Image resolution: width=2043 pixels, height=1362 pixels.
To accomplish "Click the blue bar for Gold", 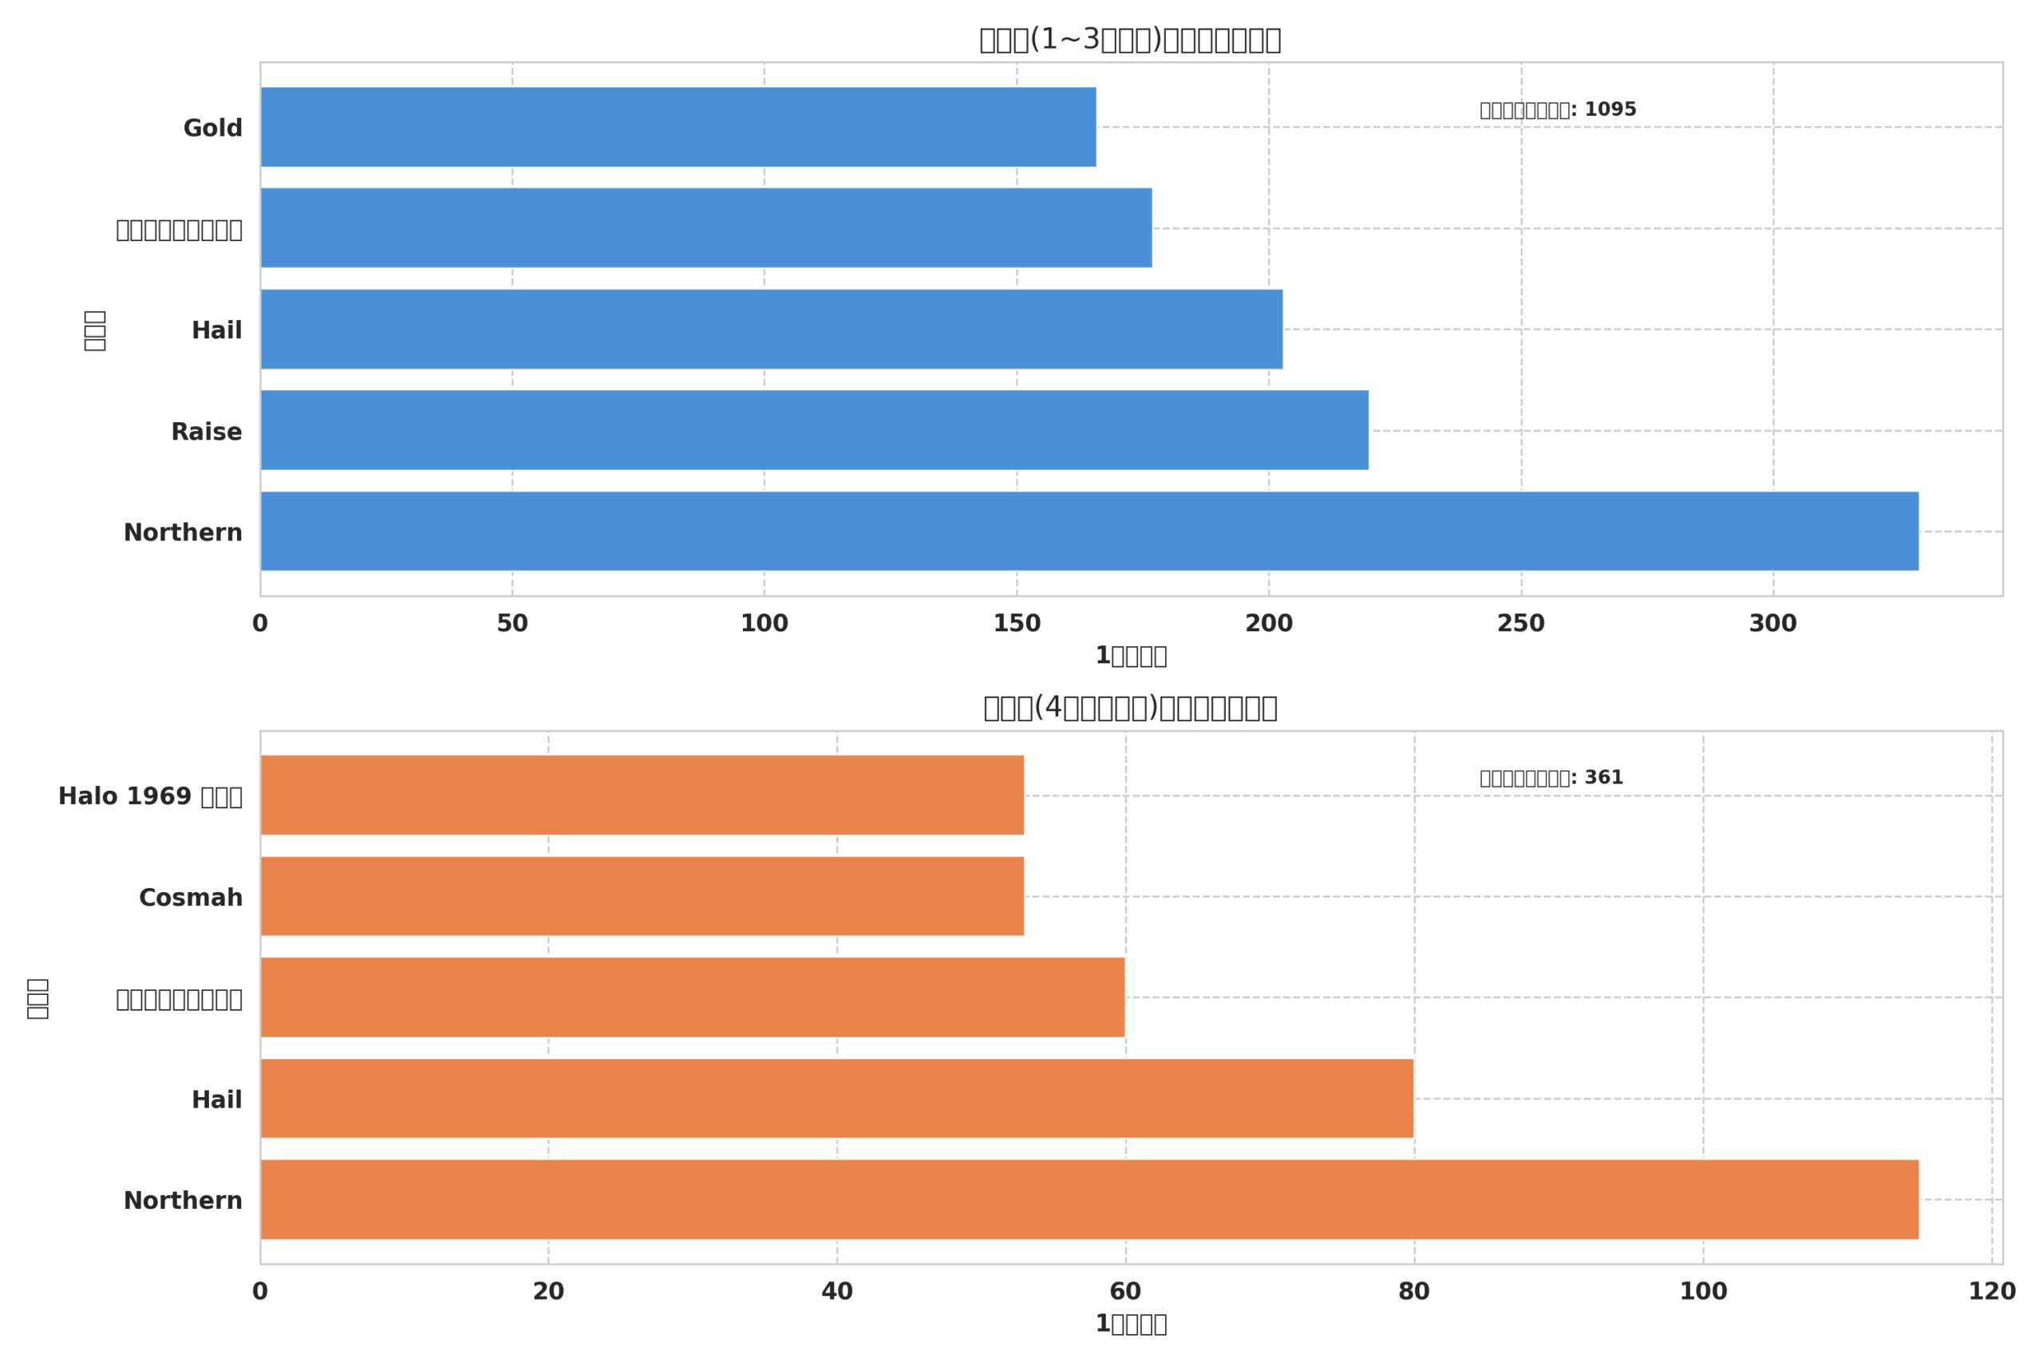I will click(678, 127).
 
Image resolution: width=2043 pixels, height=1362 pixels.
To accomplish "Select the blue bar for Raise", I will click(814, 430).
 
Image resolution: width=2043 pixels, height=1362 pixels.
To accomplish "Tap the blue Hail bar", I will click(772, 330).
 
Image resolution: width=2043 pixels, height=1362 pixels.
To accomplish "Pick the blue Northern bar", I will click(1089, 531).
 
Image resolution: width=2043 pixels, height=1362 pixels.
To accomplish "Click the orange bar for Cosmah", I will click(642, 896).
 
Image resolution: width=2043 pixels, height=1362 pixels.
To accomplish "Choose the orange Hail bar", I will click(836, 1099).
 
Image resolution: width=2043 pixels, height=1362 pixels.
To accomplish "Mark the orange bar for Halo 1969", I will click(642, 795).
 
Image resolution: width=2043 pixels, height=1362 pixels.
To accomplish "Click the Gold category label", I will click(213, 128).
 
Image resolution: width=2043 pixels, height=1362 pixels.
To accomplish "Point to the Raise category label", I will click(207, 432).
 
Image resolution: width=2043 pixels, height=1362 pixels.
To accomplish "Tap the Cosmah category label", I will click(191, 898).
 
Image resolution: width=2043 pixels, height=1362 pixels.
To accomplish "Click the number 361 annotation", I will click(1603, 777).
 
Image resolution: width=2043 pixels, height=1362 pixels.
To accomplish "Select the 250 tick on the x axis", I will click(1521, 624).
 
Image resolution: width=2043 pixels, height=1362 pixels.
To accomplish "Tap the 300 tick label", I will click(1772, 624).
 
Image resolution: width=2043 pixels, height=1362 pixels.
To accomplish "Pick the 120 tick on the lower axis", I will click(1992, 1292).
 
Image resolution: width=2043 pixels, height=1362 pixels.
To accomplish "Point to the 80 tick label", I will click(1414, 1292).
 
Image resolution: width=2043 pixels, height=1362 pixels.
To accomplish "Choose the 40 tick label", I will click(837, 1292).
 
